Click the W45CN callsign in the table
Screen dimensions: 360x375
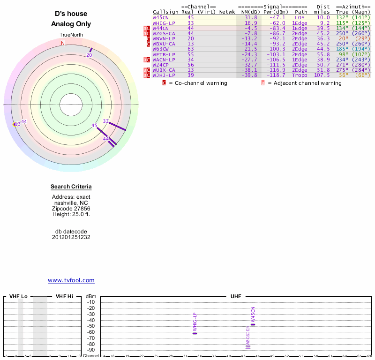pos(160,17)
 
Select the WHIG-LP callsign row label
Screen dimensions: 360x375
pos(164,22)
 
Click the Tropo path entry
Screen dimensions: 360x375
pos(300,75)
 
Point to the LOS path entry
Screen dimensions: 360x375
pos(300,17)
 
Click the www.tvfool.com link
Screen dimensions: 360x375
pos(71,280)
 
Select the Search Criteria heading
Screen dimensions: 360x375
pos(71,187)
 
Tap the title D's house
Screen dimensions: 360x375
pos(71,14)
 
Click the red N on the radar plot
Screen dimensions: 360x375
pos(63,43)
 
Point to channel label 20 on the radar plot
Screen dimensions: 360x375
pos(89,55)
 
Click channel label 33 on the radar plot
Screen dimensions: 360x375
pos(106,121)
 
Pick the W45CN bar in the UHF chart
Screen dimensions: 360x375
pos(253,324)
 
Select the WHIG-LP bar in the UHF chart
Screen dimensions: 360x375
pos(195,333)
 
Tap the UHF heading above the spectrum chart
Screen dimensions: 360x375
pos(235,297)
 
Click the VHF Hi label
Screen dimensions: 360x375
pos(64,297)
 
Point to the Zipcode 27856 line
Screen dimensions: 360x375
pos(71,209)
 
